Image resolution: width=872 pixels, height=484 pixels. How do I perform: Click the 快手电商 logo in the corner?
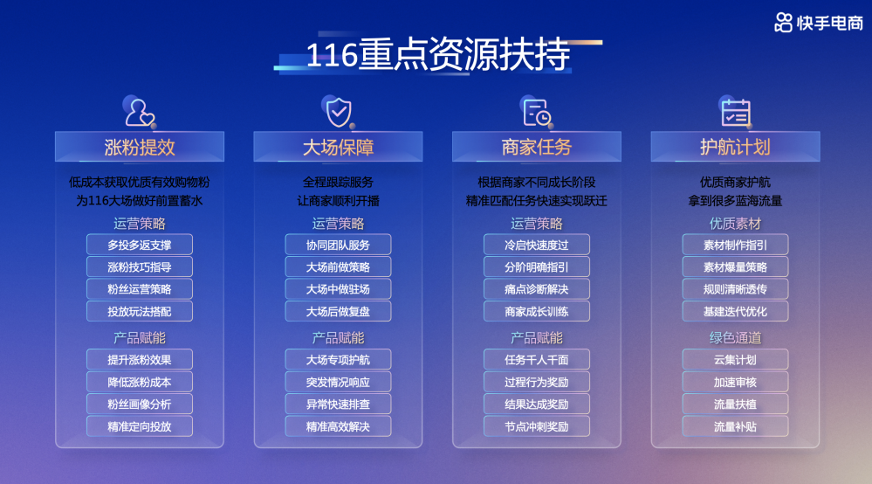819,23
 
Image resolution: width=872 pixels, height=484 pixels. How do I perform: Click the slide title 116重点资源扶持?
438,54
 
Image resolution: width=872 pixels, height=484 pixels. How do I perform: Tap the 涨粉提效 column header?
140,147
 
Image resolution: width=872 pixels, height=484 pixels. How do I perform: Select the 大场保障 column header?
338,147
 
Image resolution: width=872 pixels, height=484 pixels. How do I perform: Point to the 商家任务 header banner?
537,147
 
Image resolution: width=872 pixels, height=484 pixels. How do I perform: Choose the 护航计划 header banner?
735,147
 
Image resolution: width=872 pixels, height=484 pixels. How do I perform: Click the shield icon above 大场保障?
339,113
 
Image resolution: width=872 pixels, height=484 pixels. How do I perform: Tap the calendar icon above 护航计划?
736,113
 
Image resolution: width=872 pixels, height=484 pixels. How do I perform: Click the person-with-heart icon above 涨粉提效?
140,113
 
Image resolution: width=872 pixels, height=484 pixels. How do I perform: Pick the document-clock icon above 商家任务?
537,113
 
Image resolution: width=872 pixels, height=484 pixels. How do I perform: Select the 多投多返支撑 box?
140,245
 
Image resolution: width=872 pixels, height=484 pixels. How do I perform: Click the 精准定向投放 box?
140,426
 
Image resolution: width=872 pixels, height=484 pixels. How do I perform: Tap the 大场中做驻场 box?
338,289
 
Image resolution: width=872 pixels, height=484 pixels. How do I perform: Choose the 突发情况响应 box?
338,382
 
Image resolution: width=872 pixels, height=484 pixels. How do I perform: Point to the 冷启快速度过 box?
537,245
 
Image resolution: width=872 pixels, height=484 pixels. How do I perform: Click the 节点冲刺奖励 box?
537,426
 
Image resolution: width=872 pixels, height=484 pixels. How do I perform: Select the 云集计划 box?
735,360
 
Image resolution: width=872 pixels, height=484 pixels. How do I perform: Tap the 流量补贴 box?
735,426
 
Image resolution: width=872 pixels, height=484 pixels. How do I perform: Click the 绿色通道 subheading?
735,338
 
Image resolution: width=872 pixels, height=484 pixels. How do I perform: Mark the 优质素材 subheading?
735,224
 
